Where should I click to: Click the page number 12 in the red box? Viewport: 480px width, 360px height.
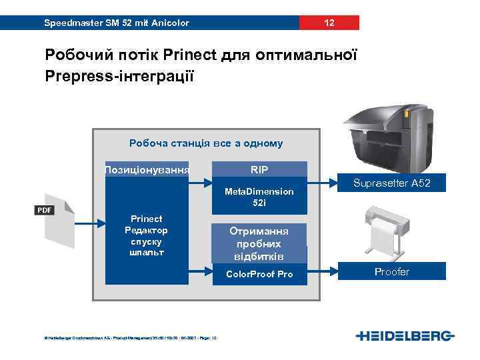tap(329, 23)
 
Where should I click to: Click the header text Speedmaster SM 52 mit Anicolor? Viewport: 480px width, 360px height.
tap(116, 23)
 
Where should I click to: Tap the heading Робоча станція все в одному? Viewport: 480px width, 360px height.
tap(206, 143)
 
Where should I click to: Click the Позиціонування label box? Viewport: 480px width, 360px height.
tap(147, 170)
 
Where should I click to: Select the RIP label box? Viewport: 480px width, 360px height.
tap(259, 170)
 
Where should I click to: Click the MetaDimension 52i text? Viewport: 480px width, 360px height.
tap(259, 197)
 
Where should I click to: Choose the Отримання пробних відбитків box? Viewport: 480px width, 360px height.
tap(259, 243)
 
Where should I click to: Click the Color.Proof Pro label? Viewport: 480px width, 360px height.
tap(259, 274)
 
